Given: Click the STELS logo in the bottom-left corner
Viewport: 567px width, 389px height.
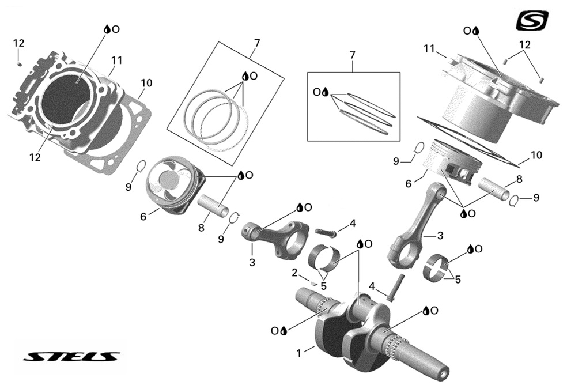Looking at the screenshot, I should (71, 356).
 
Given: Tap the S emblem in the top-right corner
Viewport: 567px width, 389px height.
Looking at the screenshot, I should (532, 21).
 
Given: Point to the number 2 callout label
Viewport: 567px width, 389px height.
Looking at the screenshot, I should (294, 272).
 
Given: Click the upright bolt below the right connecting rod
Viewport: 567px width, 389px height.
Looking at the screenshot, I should (395, 287).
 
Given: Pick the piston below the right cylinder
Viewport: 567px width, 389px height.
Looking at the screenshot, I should (453, 164).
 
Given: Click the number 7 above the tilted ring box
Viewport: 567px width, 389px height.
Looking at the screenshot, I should (257, 43).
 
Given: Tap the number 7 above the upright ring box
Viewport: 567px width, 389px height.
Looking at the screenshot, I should (352, 55).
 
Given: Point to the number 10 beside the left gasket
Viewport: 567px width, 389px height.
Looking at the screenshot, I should (146, 83).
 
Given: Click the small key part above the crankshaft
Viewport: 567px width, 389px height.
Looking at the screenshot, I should (313, 283).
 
